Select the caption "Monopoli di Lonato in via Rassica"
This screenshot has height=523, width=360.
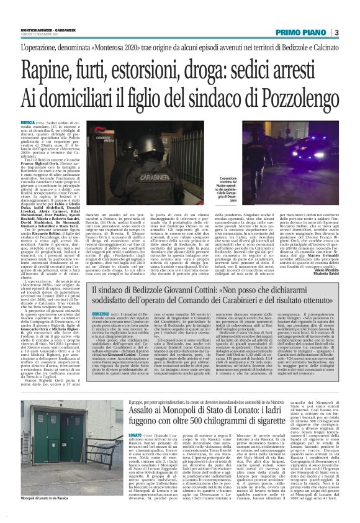point(46,515)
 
